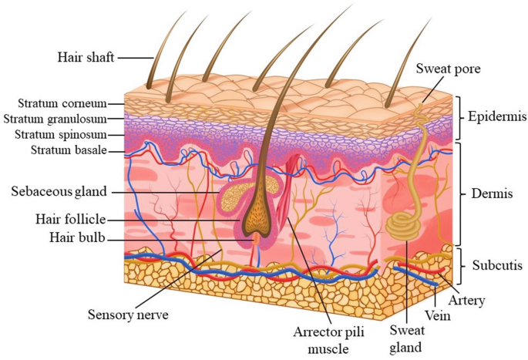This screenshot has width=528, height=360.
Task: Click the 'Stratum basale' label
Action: [x=69, y=150]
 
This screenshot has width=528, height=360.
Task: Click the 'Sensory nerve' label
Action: [x=126, y=314]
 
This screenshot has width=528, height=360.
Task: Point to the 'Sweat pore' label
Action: [x=448, y=69]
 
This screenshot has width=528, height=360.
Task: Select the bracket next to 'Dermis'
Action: [x=459, y=193]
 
